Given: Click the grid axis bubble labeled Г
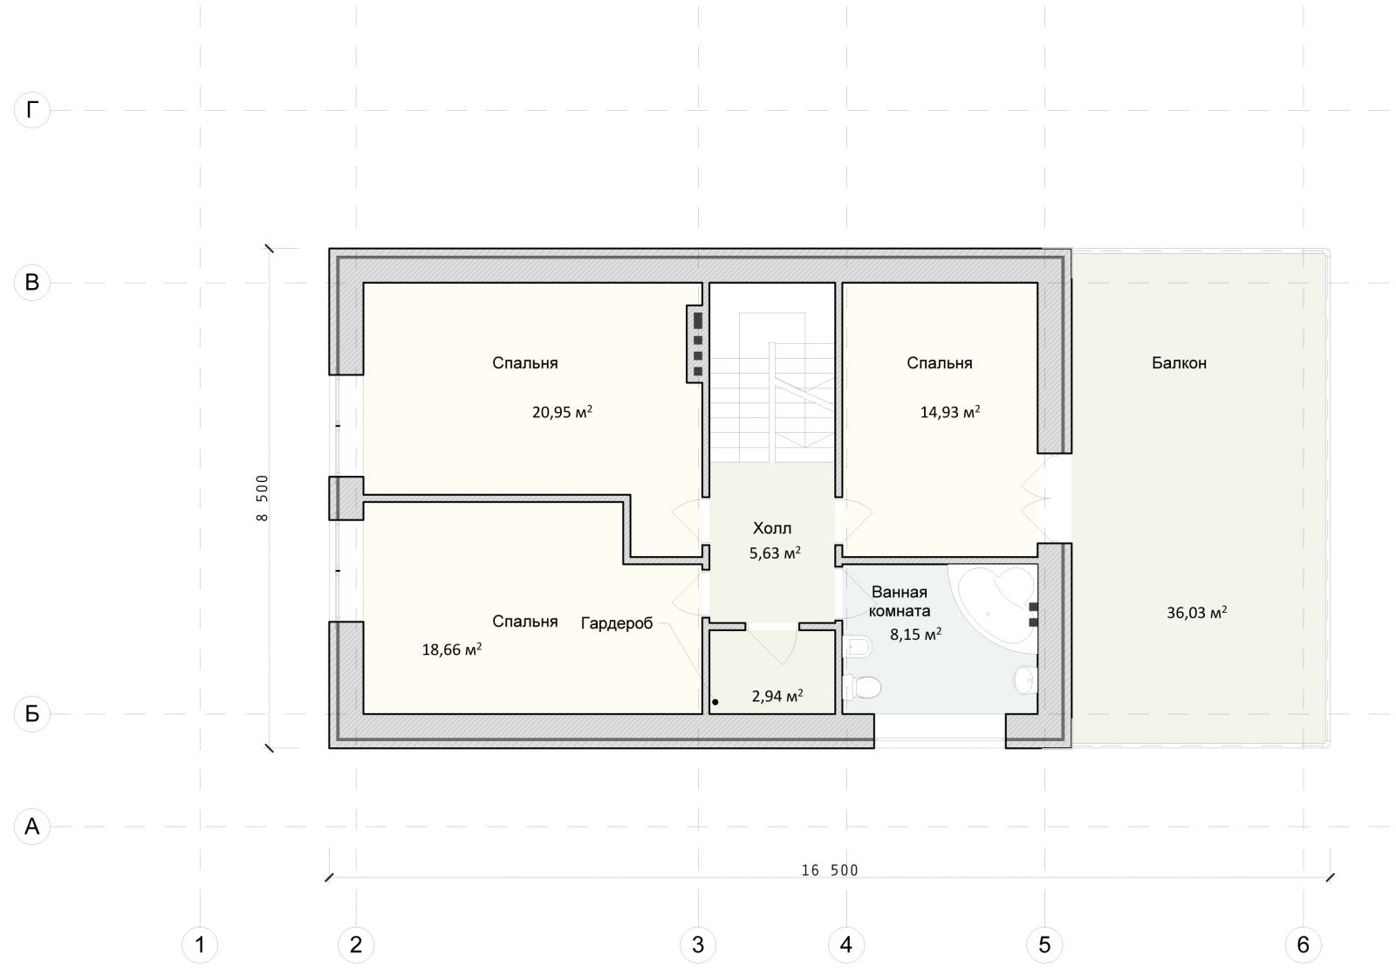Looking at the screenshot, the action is pos(31,110).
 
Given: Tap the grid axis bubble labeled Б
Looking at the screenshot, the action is pos(31,713).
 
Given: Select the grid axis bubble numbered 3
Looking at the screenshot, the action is pos(698,945).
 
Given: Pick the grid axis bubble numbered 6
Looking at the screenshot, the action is pos(1304,945).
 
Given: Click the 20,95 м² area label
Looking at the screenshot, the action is pos(562,412).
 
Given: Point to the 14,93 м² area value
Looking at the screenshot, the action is pos(950,412).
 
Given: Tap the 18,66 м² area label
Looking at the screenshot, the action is pos(452,649).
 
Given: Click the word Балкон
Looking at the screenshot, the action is pos(1179,363).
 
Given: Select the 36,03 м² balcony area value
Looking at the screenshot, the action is pos(1196,613).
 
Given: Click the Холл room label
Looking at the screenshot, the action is pos(772,528).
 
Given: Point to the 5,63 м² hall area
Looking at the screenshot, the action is pos(775,553).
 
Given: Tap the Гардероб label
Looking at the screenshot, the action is pos(617,623).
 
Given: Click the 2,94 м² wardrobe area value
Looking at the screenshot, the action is pos(777,696).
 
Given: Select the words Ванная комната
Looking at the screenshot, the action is pos(900,601).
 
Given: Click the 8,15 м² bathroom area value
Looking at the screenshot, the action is pos(915,635).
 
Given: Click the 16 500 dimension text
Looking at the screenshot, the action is pos(830,870).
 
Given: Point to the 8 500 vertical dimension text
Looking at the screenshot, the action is pos(262,498).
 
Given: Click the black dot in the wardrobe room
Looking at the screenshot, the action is pos(715,702).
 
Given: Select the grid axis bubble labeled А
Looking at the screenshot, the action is pos(31,826).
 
